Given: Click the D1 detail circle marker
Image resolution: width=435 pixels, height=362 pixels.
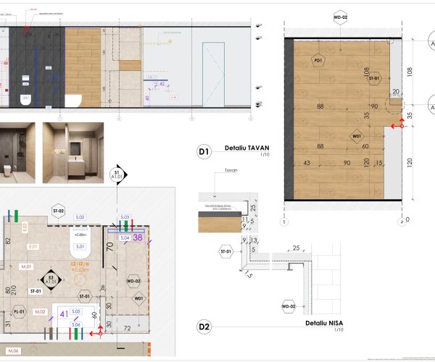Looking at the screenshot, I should (x=204, y=151).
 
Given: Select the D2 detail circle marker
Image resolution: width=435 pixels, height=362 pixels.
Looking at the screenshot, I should (x=204, y=327).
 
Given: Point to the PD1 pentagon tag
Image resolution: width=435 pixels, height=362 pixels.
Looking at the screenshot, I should (x=318, y=60).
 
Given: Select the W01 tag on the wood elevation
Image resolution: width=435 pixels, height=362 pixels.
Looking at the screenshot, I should (x=356, y=135).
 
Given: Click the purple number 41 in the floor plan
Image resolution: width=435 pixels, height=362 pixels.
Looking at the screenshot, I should (x=64, y=314).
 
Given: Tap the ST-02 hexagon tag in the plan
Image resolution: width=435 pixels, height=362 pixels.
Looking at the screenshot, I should (x=58, y=211).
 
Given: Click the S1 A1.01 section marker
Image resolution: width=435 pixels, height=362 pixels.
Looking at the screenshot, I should (x=115, y=174).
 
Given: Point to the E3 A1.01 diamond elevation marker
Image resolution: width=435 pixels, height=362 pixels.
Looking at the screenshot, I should (x=50, y=279).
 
